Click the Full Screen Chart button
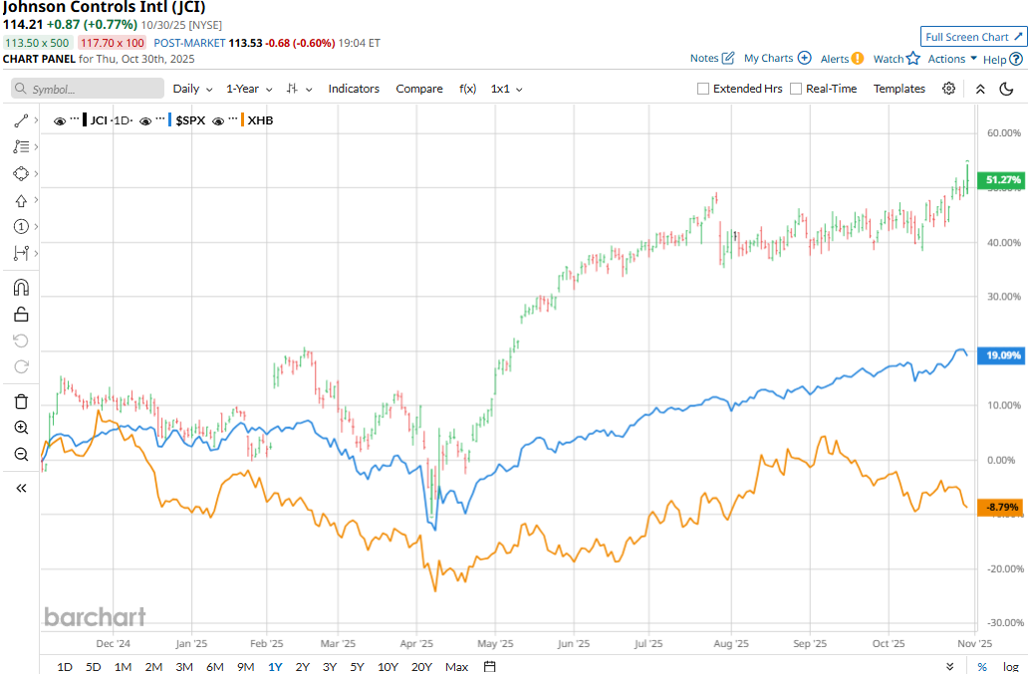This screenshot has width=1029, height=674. (973, 37)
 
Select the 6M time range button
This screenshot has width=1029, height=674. (214, 666)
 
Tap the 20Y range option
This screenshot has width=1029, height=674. (420, 666)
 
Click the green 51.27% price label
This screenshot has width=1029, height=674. (1001, 180)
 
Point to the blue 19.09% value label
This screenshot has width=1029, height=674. (1001, 354)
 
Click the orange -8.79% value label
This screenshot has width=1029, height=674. (1001, 507)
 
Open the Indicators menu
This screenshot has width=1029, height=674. (354, 89)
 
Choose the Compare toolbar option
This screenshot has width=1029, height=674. (419, 89)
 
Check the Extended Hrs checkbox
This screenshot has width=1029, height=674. (703, 89)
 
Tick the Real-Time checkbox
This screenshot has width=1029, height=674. (796, 89)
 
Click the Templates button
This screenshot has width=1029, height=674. (900, 89)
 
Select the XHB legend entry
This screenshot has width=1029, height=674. (260, 120)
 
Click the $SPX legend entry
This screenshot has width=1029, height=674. (190, 120)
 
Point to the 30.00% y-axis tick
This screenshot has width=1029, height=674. (1003, 297)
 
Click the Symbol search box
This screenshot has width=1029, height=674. (88, 89)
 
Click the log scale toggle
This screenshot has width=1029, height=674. (1010, 666)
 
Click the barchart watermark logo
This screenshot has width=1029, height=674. (95, 617)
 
